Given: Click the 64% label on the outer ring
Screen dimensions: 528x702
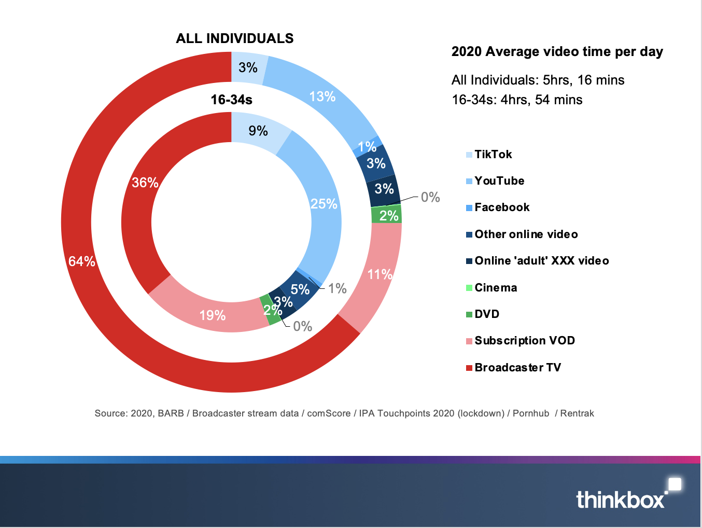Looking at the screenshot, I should pos(82,261).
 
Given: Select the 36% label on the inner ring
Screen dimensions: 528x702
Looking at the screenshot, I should pos(145,183).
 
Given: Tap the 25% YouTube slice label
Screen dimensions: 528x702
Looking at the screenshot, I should pos(324,204).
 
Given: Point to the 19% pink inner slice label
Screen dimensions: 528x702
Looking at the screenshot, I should pos(213,315).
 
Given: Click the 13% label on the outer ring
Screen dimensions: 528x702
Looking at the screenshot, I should pos(322,96).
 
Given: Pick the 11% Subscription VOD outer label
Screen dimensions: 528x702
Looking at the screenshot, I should pos(380,274).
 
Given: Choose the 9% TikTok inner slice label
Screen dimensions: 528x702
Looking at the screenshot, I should pos(258,131).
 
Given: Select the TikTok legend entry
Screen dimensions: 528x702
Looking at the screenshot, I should pos(493,155).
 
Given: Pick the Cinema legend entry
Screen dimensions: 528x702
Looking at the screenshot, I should pos(496,288).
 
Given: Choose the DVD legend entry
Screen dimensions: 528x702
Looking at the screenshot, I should pos(487,314).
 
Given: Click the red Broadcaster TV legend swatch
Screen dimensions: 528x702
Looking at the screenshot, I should pos(469,368).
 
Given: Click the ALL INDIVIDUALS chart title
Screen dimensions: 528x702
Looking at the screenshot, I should pos(234,38).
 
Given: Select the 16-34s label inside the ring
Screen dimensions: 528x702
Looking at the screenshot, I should pos(231,100).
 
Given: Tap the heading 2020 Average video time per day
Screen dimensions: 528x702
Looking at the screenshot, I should pos(557,52).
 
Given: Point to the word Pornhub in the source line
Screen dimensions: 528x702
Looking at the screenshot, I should pos(530,413).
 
